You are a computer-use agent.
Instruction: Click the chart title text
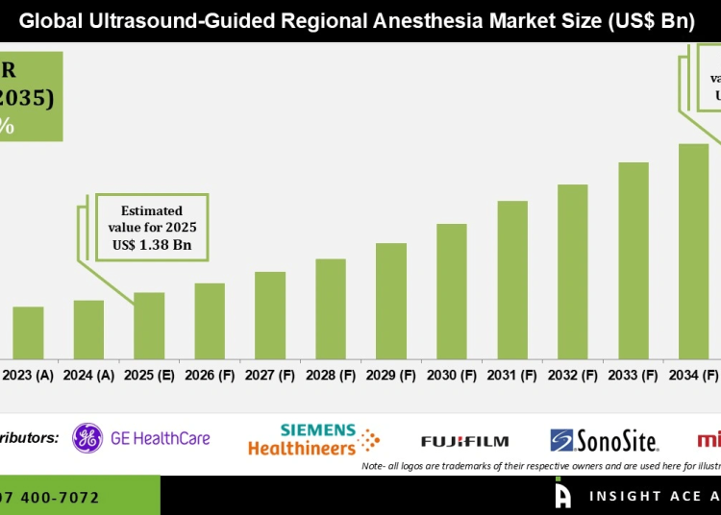click(356, 21)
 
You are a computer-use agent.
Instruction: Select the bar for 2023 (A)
click(28, 332)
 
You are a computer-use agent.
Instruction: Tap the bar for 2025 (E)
click(149, 326)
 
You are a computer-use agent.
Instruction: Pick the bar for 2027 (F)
click(270, 315)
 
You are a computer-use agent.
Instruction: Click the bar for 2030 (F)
click(452, 291)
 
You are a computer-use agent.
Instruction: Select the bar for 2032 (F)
click(573, 272)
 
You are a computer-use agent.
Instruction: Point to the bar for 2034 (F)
click(693, 252)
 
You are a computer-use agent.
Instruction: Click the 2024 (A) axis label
click(88, 376)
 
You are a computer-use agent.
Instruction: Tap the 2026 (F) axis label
click(210, 376)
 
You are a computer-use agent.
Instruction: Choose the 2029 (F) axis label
click(391, 376)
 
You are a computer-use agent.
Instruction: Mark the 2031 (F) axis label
click(512, 376)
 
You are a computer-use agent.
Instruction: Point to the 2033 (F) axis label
click(634, 376)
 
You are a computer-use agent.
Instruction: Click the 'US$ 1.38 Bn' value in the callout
click(151, 246)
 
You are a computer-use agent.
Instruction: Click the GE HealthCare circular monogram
click(87, 439)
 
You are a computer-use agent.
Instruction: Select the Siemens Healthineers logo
click(313, 440)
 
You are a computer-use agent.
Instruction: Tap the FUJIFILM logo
click(464, 441)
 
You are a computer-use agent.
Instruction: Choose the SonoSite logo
click(605, 441)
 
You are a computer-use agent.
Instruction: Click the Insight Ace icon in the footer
click(563, 495)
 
